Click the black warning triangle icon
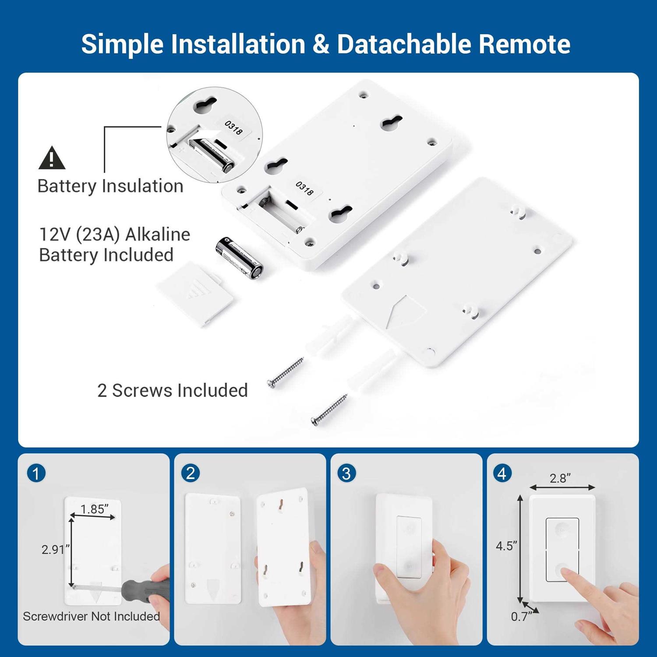(52, 158)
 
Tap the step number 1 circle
(36, 473)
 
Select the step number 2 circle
(191, 473)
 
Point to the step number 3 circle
(346, 473)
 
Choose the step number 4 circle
(502, 473)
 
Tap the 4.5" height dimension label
(507, 546)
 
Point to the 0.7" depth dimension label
(522, 616)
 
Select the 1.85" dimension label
(95, 509)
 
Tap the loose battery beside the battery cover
(240, 258)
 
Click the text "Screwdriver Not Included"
(91, 616)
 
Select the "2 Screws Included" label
(173, 390)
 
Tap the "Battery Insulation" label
(110, 186)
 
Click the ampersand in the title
(321, 44)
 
